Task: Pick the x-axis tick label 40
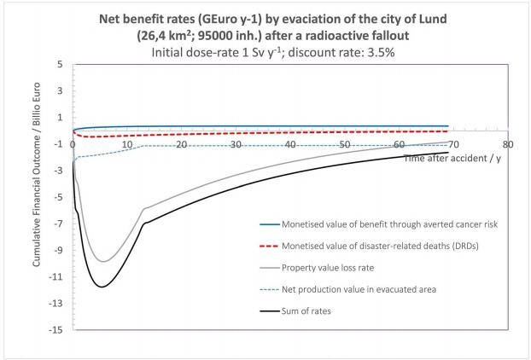click(290, 146)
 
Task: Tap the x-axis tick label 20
click(182, 146)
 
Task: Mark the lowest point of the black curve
click(102, 287)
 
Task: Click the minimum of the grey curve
click(102, 261)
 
